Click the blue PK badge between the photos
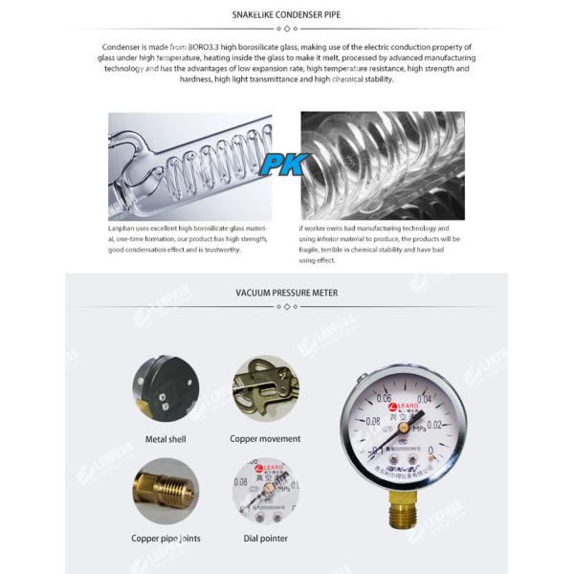pyautogui.click(x=286, y=164)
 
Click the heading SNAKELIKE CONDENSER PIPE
pyautogui.click(x=286, y=15)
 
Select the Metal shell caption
pyautogui.click(x=166, y=439)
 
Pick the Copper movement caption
pyautogui.click(x=265, y=439)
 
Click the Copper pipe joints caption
pyautogui.click(x=166, y=539)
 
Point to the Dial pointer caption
pyautogui.click(x=265, y=539)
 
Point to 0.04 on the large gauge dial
pyautogui.click(x=425, y=399)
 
